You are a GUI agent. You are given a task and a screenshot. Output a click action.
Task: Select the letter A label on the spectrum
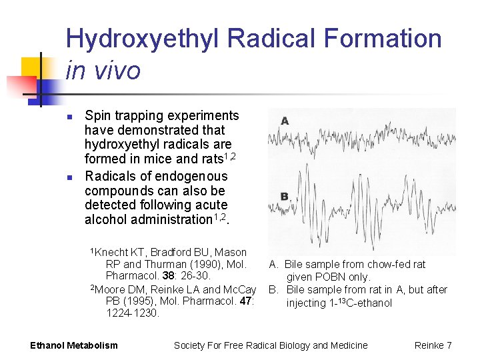[285, 121]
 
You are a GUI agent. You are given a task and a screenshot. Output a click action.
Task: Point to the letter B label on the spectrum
[285, 196]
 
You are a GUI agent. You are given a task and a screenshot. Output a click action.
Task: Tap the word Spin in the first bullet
[97, 115]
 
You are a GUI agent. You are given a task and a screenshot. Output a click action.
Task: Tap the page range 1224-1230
[133, 313]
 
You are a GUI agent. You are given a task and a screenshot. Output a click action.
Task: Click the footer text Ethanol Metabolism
[74, 345]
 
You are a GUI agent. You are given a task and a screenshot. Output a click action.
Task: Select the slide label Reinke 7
[433, 345]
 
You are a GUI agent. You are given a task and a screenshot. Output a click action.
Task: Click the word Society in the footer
[191, 345]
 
